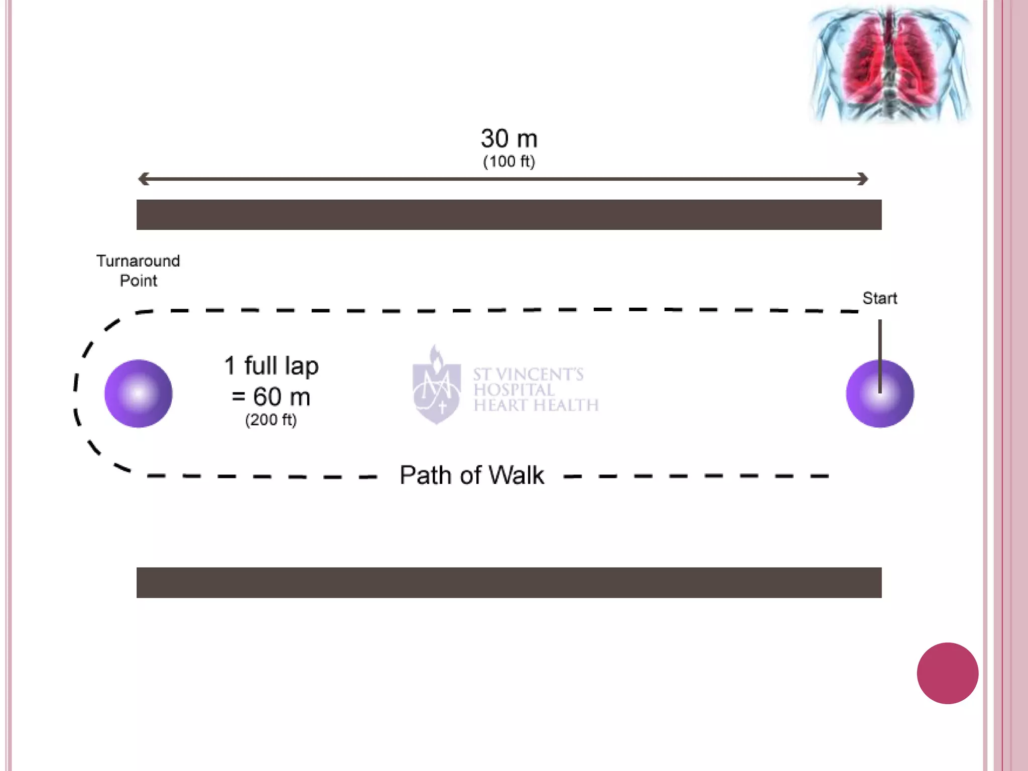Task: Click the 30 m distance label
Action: click(509, 139)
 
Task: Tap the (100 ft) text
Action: click(509, 162)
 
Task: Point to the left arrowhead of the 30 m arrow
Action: click(144, 179)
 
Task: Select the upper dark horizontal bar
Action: click(509, 215)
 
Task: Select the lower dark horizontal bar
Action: click(509, 582)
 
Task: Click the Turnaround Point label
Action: click(138, 271)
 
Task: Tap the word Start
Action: click(879, 298)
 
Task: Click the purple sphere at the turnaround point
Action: click(139, 394)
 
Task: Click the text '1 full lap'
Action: click(271, 365)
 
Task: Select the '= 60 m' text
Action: click(271, 397)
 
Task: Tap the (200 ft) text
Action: click(271, 420)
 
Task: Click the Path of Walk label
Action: click(472, 475)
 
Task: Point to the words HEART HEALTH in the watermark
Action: click(536, 405)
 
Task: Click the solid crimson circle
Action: click(947, 673)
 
